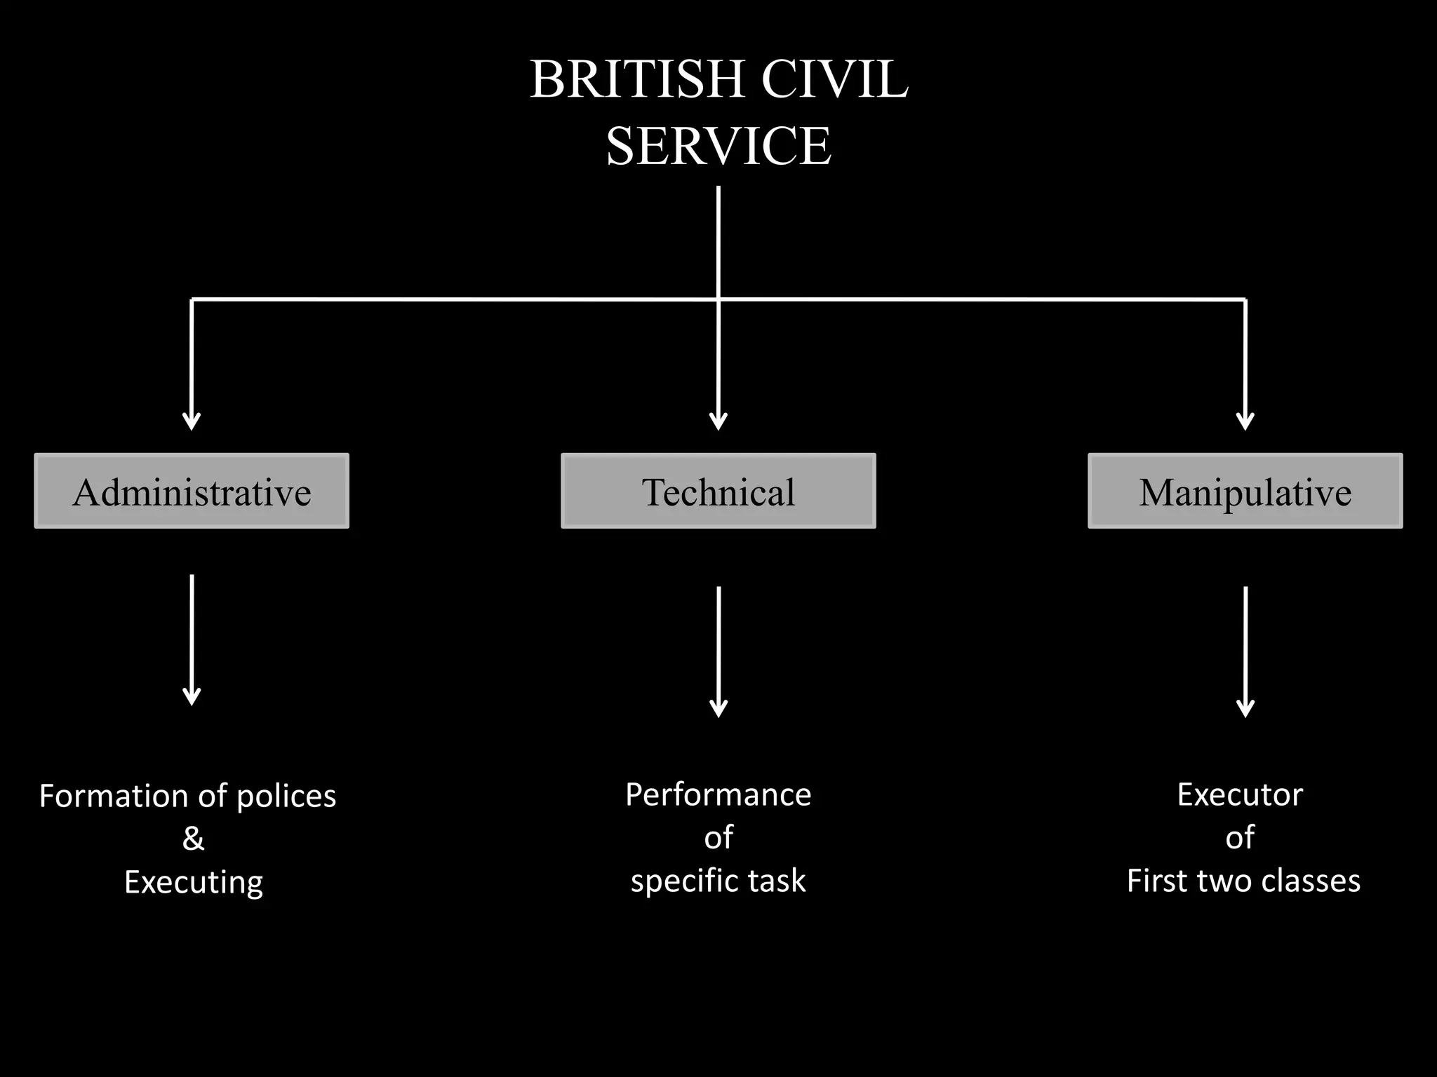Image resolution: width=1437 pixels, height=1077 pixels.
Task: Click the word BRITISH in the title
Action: (x=636, y=79)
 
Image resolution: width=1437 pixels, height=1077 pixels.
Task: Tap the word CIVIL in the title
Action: (x=834, y=79)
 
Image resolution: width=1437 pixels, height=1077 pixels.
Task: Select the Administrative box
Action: (x=192, y=491)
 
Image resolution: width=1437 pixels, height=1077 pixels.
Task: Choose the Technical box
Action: (x=718, y=491)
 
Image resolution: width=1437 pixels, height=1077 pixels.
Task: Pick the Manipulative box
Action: (x=1245, y=491)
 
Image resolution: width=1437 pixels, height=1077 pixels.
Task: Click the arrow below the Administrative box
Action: (x=192, y=638)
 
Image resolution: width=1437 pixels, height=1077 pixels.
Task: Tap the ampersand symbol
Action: (x=193, y=839)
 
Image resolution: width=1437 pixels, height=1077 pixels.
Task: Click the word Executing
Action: (x=194, y=882)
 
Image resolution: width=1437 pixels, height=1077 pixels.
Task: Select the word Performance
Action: (x=718, y=795)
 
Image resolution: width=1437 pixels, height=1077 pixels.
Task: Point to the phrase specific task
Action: (x=718, y=881)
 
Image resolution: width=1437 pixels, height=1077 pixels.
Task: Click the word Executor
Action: (x=1240, y=795)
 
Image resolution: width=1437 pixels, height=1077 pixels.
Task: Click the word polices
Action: (x=286, y=797)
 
